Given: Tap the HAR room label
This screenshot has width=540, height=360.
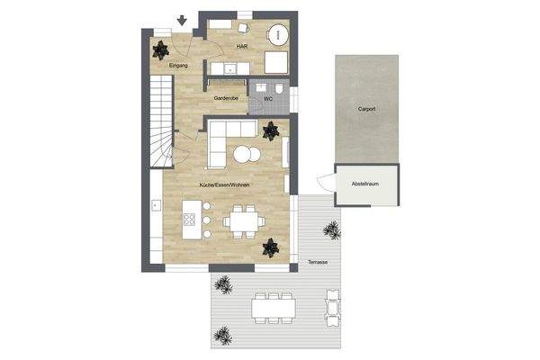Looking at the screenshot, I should [242, 45].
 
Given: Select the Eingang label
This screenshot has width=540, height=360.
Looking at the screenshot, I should [178, 65].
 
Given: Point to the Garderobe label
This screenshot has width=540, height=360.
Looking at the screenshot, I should [226, 97].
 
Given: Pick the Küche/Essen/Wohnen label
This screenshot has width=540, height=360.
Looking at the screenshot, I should [224, 184].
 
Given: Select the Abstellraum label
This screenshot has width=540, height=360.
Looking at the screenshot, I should [366, 184].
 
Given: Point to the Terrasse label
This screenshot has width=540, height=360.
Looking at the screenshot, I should [317, 261].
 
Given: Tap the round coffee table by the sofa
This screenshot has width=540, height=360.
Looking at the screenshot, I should [246, 155].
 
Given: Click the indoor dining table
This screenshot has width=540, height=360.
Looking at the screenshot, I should [242, 220].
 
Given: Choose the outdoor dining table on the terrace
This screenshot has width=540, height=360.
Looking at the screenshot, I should [274, 309].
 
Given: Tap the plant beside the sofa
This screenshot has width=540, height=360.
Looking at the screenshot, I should [270, 131].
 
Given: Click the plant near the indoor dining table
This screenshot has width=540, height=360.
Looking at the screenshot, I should [269, 246].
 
